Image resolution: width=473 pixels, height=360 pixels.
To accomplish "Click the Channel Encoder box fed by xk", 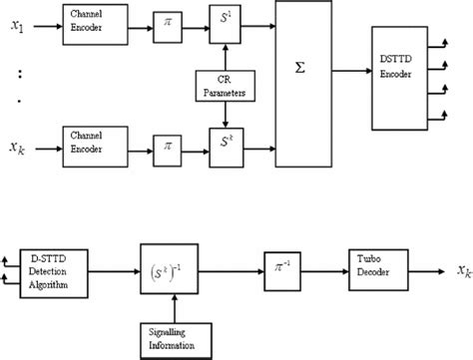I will pyautogui.click(x=95, y=141).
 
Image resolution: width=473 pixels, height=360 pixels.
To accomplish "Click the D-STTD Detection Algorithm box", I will pyautogui.click(x=55, y=268).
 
